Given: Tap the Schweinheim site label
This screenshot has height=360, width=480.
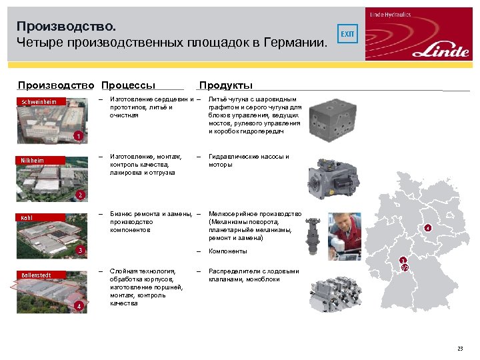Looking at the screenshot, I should tap(39, 101).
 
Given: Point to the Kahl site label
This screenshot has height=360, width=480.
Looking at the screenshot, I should tap(27, 217).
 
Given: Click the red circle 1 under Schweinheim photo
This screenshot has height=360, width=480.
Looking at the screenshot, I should tap(78, 137).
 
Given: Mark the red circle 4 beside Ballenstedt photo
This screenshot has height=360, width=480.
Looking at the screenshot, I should tap(78, 306).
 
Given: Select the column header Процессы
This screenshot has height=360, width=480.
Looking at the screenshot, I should tap(128, 85).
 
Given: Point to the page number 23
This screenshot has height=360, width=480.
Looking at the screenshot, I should tap(459, 349).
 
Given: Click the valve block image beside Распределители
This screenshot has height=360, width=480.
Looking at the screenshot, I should tap(336, 293).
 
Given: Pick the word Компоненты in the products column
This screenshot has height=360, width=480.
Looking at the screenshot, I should tap(228, 251).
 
